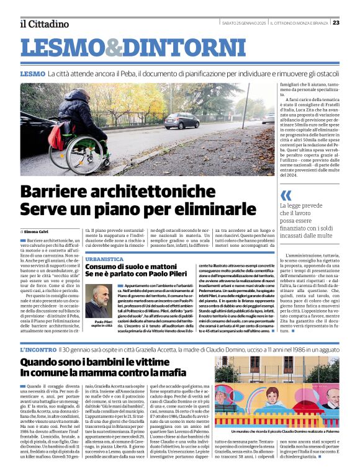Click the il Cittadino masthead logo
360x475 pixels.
click(44, 24)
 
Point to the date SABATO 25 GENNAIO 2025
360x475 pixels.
click(243, 23)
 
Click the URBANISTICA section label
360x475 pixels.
click(104, 259)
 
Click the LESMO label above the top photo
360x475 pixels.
click(32, 73)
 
